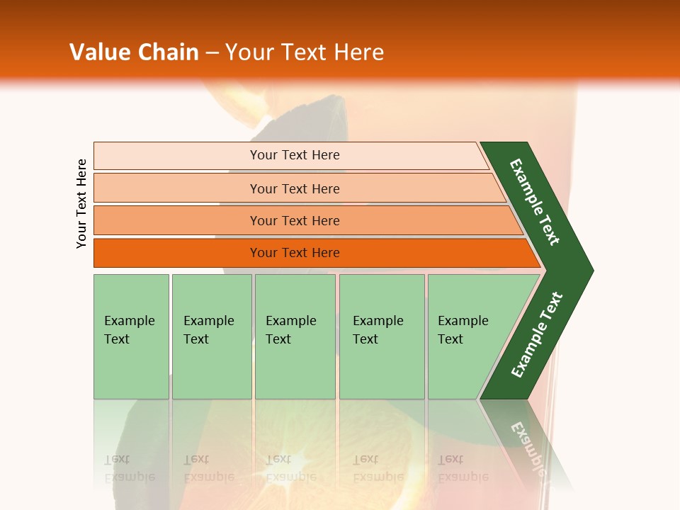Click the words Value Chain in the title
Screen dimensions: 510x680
(134, 52)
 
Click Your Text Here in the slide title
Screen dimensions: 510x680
(305, 52)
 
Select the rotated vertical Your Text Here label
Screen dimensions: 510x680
(82, 203)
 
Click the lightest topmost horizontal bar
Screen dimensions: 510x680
(177, 156)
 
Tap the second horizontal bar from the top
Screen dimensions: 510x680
(177, 188)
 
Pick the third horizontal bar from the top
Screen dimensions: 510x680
(177, 221)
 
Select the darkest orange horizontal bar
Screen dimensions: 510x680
(177, 253)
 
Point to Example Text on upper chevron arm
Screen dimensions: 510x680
(535, 202)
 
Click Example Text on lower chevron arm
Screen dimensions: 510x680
(537, 335)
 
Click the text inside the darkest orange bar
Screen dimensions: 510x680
(295, 253)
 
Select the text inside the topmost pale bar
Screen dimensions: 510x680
(295, 155)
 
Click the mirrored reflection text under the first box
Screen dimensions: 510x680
(129, 468)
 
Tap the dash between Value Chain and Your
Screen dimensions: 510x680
(212, 53)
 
